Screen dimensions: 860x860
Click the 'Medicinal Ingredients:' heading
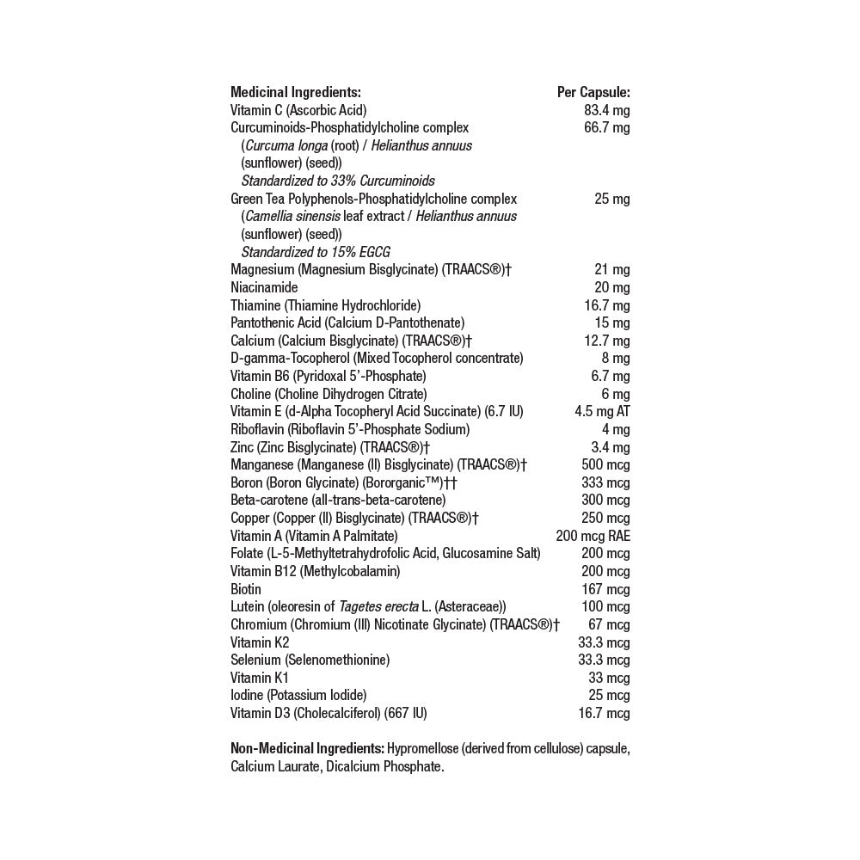point(295,92)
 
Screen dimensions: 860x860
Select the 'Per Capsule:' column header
point(593,92)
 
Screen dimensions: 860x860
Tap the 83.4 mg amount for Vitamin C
point(606,110)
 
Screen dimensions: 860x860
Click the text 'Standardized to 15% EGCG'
point(316,252)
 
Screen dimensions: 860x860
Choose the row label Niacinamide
point(264,287)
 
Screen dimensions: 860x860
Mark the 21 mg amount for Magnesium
point(611,270)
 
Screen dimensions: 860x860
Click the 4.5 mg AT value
point(602,411)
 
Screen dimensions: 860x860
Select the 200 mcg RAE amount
point(593,536)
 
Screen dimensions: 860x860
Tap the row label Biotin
point(246,589)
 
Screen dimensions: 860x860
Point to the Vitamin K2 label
point(260,642)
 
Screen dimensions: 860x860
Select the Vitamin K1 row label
point(259,678)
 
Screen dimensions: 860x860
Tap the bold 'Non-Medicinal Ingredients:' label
point(307,749)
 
